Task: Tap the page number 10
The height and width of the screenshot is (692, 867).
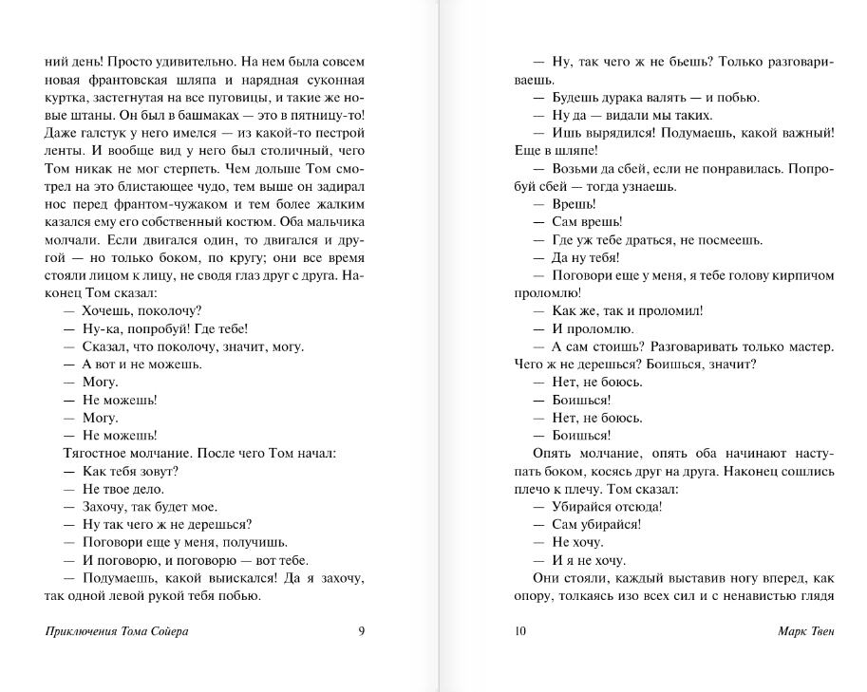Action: (x=519, y=631)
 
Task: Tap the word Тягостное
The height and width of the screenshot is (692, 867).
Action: (x=95, y=453)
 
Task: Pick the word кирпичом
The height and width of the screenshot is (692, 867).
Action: (x=803, y=273)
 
